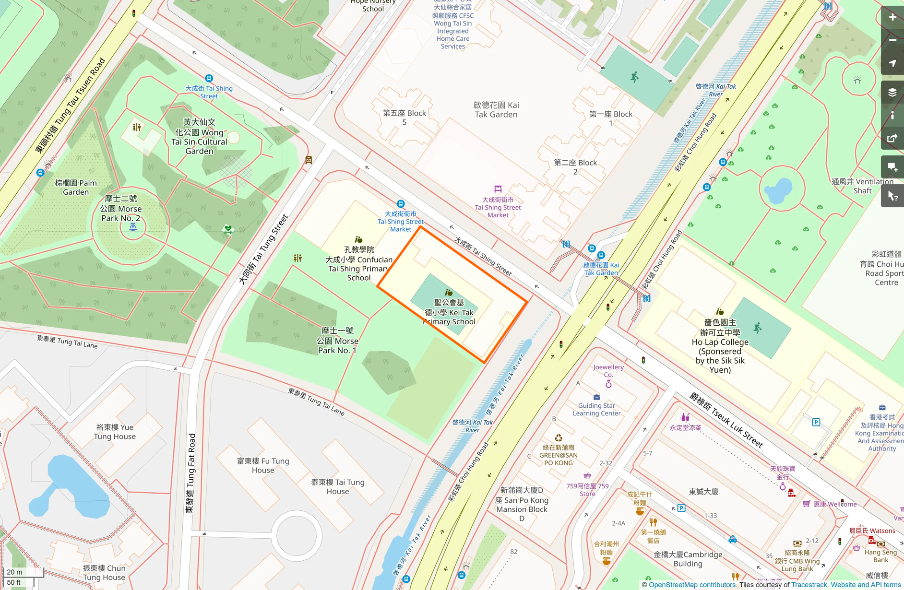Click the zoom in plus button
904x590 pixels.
coord(892,17)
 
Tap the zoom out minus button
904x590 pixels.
coord(892,40)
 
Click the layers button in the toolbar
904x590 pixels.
coord(892,92)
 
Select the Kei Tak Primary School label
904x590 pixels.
coord(449,312)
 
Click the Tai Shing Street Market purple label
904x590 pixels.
coord(498,207)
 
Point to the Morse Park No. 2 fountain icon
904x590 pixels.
coord(133,227)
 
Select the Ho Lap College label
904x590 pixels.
coord(720,346)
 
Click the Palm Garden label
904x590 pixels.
coord(76,187)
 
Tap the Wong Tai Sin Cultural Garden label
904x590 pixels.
coord(199,137)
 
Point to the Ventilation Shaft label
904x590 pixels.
coord(862,186)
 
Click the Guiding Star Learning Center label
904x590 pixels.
coord(596,409)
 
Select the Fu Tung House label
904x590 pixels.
coord(263,465)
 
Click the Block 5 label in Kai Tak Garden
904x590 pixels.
coord(404,118)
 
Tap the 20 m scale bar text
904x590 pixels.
coord(15,572)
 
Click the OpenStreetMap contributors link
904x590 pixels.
coord(692,585)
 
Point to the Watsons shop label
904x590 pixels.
coord(872,531)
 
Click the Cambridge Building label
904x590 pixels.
coord(688,559)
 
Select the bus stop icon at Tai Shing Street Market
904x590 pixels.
coord(401,204)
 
